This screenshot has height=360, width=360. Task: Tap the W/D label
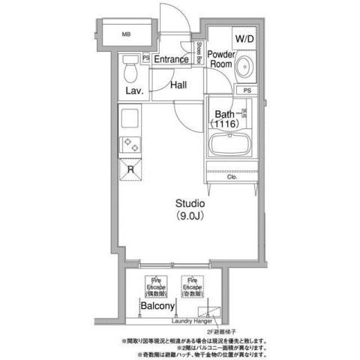click(244, 37)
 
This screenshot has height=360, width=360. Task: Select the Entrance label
click(172, 58)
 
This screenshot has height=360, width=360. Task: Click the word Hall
click(178, 85)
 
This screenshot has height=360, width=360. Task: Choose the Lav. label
click(134, 91)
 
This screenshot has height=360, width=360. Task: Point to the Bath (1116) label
click(225, 118)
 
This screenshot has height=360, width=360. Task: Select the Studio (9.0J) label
click(190, 208)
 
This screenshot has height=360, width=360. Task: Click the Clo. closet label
click(232, 178)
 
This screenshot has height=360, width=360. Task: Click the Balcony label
click(157, 307)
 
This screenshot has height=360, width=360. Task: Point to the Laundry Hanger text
click(193, 322)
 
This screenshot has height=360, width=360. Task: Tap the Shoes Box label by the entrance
click(199, 54)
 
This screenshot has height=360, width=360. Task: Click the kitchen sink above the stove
click(128, 118)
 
